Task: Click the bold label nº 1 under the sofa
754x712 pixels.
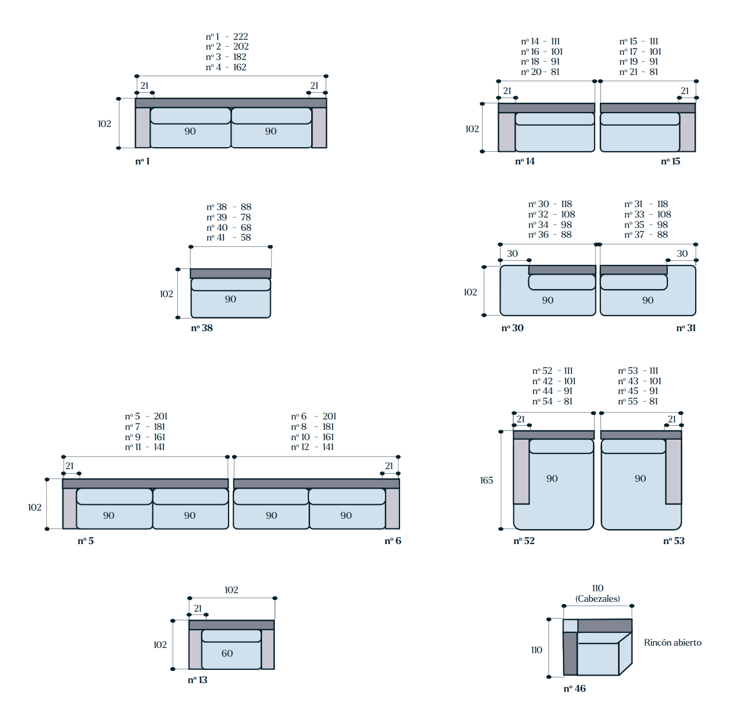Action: [x=143, y=162]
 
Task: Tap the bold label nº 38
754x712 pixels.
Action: [x=201, y=328]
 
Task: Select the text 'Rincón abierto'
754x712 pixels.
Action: [x=673, y=643]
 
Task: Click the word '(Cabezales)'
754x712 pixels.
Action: [x=597, y=599]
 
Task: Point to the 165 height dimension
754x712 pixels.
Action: [x=486, y=480]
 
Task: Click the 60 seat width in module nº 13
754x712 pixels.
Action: [x=227, y=653]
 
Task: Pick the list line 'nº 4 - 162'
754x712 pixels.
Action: [x=226, y=67]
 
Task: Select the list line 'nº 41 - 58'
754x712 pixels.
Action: [x=229, y=238]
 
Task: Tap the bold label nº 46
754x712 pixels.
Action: [x=574, y=688]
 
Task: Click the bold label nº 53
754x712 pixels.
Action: [x=674, y=541]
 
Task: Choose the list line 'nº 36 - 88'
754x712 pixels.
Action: [x=550, y=235]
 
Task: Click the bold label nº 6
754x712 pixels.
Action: [x=393, y=541]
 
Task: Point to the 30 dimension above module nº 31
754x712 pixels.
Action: [x=682, y=253]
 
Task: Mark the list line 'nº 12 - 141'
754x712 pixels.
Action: [x=312, y=447]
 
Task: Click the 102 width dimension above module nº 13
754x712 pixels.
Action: [x=231, y=590]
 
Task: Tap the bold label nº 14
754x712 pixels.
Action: [x=525, y=162]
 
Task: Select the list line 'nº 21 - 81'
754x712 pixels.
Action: [x=639, y=72]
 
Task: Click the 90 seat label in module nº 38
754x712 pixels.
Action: [x=230, y=299]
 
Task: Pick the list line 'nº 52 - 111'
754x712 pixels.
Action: [x=553, y=371]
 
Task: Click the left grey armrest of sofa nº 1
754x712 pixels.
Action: [x=143, y=128]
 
